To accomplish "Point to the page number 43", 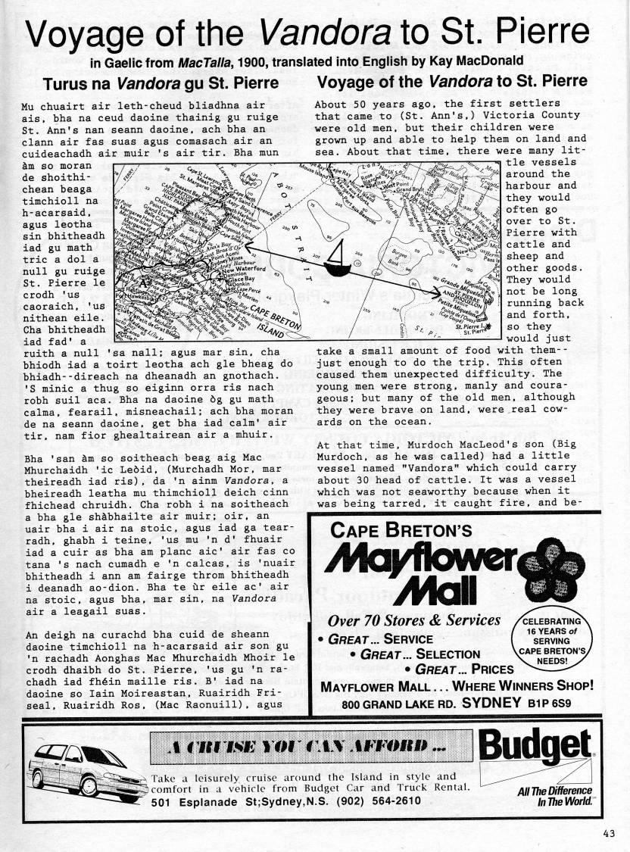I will [610, 833].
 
